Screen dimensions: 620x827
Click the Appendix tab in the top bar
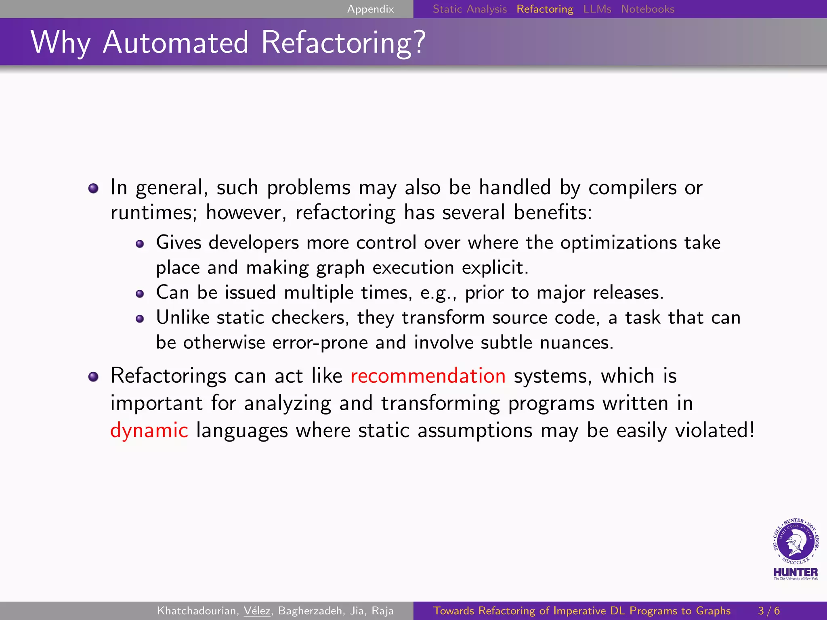coord(370,9)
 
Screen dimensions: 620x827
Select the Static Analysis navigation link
coord(470,9)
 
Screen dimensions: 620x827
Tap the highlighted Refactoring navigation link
coord(545,9)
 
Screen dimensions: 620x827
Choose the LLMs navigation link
coord(597,9)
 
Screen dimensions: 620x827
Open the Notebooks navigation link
coord(648,9)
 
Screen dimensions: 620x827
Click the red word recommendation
coord(428,376)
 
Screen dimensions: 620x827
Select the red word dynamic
coord(149,430)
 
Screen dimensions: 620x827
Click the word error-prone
coord(320,343)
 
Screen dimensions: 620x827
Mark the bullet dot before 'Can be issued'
coord(140,294)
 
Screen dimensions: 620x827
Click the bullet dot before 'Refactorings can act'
coord(93,377)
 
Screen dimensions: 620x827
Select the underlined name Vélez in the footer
coord(257,611)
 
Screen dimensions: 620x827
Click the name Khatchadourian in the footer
coord(197,611)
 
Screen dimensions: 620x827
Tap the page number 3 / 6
coord(769,611)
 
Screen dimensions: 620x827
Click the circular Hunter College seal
coord(796,541)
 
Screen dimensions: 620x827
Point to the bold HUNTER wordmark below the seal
coord(796,572)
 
